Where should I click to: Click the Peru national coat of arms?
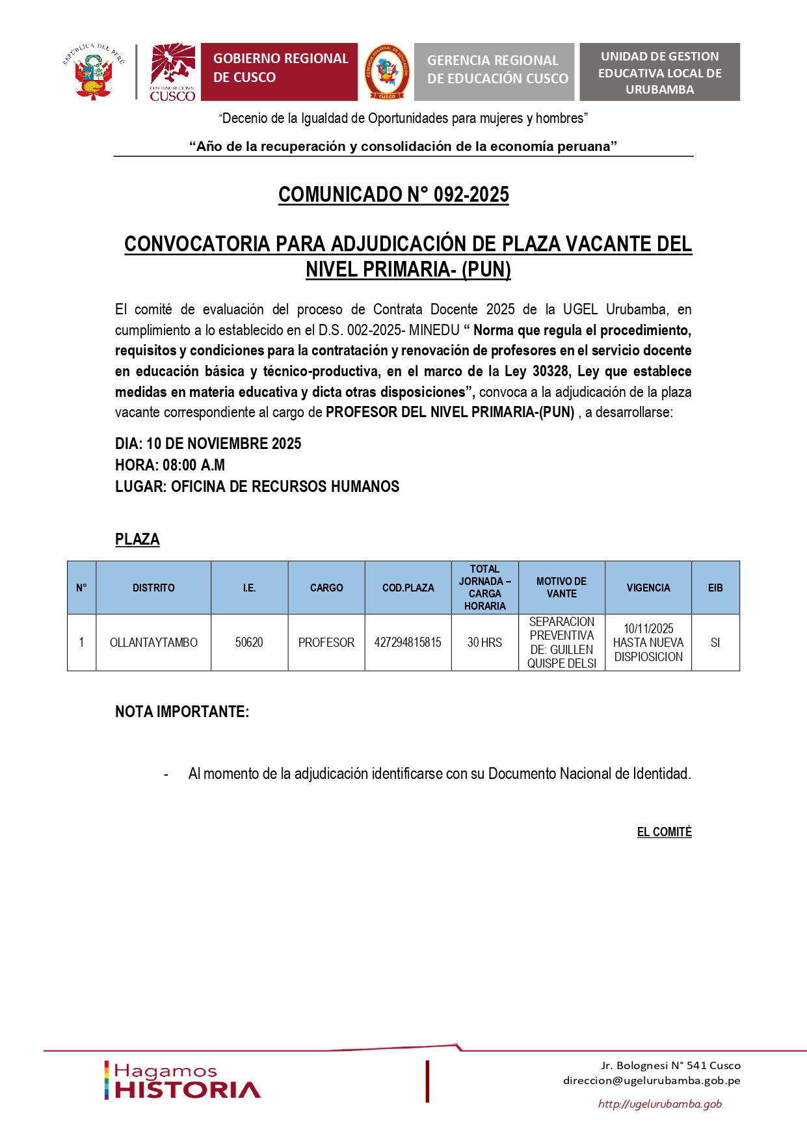(94, 73)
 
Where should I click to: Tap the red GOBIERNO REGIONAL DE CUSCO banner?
(279, 72)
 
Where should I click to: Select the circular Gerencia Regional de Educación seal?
(387, 72)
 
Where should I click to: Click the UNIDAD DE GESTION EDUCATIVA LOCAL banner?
(659, 72)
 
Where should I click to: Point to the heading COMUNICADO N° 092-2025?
(393, 195)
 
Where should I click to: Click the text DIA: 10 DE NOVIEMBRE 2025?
(208, 444)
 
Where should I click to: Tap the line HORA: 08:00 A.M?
(170, 465)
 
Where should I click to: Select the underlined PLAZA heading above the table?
(137, 539)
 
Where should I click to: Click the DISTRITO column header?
(153, 588)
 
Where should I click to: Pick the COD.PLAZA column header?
(408, 588)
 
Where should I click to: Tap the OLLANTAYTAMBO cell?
(153, 643)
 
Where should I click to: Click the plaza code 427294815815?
(408, 643)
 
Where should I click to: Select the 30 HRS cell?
(484, 643)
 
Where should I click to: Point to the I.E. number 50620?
(249, 643)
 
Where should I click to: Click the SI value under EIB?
(715, 643)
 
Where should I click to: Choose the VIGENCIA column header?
(648, 588)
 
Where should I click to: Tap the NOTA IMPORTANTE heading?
(182, 712)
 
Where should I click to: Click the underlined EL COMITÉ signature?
(664, 832)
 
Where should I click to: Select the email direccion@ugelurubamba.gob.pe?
(652, 1081)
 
